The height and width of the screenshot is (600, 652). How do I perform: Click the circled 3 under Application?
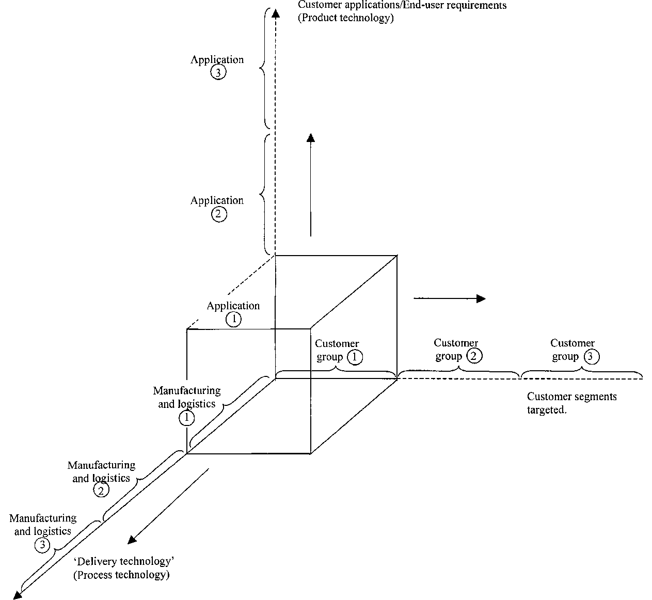218,72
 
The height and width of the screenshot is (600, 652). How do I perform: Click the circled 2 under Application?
219,214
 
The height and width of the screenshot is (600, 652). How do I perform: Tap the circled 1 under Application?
233,319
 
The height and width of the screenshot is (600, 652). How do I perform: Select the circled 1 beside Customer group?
355,357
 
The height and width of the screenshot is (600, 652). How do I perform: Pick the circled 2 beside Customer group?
474,355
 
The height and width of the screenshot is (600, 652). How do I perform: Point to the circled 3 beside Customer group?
591,356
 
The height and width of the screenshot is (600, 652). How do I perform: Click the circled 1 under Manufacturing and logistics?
186,418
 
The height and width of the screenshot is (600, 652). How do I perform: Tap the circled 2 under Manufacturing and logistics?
101,490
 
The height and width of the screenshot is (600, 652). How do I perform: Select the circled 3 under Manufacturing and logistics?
42,545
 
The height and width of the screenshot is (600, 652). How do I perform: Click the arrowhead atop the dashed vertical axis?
276,13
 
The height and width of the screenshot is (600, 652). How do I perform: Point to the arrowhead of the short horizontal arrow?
481,298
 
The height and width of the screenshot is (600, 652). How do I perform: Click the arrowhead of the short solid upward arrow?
311,137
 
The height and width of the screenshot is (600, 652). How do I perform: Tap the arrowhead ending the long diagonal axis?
17,595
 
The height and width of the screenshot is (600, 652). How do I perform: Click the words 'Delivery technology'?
124,561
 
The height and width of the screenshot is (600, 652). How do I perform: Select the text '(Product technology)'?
346,18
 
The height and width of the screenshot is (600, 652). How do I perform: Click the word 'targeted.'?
547,410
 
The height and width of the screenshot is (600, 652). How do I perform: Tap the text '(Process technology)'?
121,575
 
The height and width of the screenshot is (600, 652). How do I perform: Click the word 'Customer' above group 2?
456,343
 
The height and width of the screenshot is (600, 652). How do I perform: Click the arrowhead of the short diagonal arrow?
132,540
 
